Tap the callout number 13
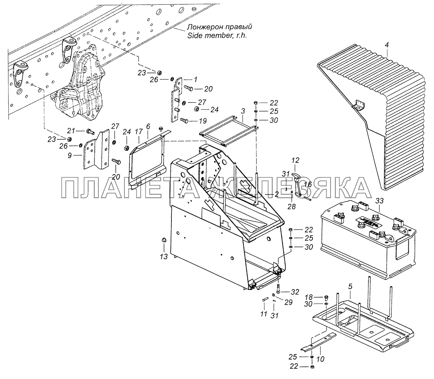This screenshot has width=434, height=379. point(164,257)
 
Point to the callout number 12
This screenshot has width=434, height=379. point(295,160)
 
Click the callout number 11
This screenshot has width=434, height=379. point(263,314)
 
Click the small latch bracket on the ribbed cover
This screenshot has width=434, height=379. point(357,104)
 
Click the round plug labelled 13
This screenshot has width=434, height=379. point(163,241)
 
